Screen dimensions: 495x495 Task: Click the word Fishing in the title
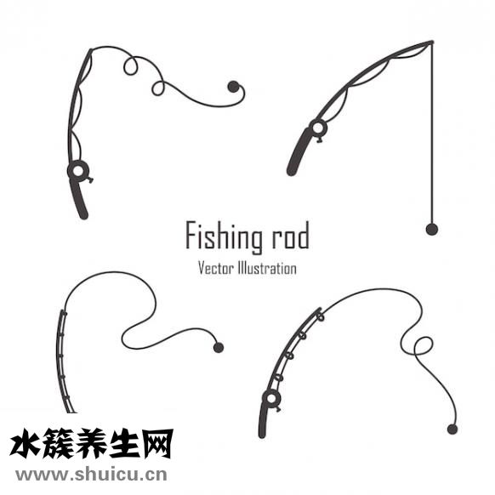coord(224,237)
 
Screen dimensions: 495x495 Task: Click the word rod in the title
coord(290,236)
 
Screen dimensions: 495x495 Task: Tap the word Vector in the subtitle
coord(216,268)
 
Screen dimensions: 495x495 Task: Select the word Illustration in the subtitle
coord(267,268)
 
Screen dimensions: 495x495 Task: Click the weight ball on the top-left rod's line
coord(233,87)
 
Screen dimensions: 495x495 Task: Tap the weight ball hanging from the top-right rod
coord(431,229)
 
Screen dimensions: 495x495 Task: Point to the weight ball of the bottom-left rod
coord(219,348)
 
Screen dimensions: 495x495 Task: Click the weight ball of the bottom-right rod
coord(452,430)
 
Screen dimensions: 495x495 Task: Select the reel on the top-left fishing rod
coord(78,171)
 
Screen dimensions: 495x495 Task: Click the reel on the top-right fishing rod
coord(318,128)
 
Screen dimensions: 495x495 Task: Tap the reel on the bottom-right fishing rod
coord(271,398)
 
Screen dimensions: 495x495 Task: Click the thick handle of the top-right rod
coord(299,151)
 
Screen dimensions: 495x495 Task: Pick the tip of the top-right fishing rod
coord(432,42)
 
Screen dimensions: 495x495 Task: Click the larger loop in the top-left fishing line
coord(130,66)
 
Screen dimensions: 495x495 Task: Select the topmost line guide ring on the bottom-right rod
coord(321,316)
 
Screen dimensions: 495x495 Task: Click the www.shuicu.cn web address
coord(91,475)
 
